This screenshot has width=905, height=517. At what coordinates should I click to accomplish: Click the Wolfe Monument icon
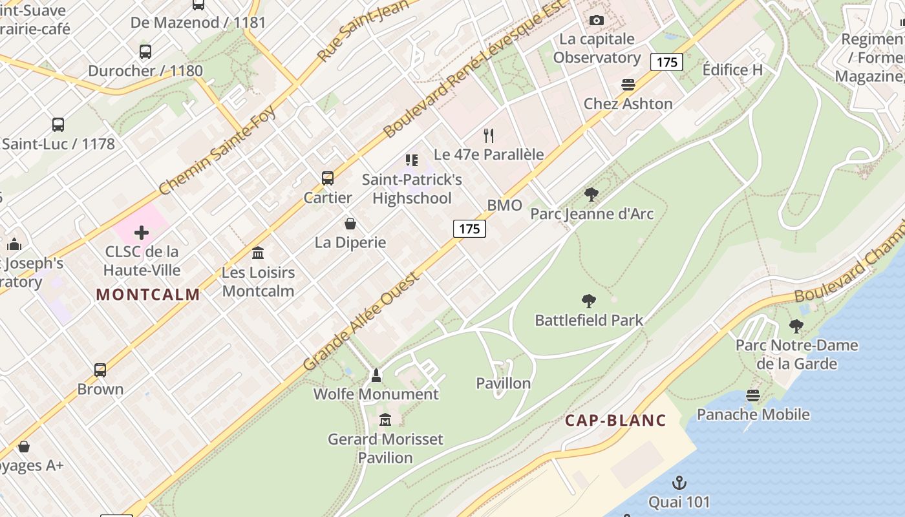[376, 375]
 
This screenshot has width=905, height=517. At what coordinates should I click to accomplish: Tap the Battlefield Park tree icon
[588, 301]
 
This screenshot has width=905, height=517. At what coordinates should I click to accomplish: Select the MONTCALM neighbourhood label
[148, 295]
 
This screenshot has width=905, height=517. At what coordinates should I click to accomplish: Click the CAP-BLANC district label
[615, 421]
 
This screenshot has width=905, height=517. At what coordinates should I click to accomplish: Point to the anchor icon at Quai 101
[679, 483]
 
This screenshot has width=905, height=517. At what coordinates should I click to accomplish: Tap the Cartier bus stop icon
[328, 178]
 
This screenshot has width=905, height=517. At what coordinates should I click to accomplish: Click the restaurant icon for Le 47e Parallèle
[489, 136]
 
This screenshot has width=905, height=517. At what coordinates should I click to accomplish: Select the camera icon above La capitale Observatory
[597, 21]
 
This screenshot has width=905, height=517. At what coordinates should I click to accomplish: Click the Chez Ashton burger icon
[628, 85]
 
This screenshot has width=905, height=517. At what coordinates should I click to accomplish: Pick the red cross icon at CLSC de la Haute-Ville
[142, 233]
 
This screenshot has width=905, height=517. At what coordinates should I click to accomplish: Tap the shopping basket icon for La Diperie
[350, 224]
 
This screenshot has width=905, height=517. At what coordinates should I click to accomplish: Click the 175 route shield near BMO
[469, 229]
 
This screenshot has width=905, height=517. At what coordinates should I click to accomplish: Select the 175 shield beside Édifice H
[666, 62]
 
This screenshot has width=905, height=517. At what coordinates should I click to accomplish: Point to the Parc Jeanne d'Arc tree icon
[591, 194]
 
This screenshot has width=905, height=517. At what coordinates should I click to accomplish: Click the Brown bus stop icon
[100, 370]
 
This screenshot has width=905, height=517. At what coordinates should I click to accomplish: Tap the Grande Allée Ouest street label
[362, 321]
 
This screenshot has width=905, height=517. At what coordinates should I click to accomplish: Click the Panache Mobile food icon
[752, 395]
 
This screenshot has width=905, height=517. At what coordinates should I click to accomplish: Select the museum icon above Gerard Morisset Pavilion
[385, 420]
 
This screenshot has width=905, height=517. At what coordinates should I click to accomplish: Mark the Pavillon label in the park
[504, 383]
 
